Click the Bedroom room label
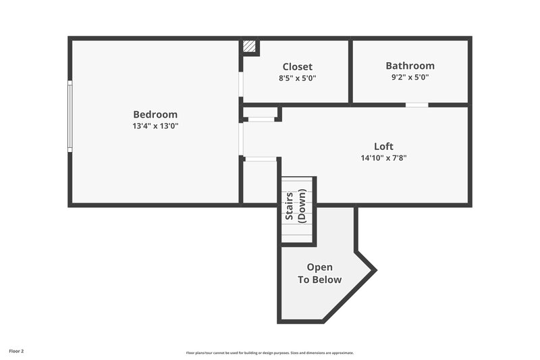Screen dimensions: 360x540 point(155,114)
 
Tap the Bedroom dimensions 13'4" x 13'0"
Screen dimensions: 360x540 point(155,126)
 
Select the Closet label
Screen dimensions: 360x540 point(297,66)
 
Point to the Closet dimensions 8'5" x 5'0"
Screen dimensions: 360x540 point(297,78)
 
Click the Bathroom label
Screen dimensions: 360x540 point(410,66)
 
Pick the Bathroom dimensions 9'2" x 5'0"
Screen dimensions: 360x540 point(410,77)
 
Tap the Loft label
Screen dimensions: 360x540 point(383,146)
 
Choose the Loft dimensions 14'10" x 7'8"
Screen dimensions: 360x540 point(383,158)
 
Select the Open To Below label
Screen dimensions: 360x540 point(320,274)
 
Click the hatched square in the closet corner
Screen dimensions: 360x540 point(250,47)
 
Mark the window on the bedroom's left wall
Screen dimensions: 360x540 point(69,115)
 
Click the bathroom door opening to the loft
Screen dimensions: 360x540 point(416,105)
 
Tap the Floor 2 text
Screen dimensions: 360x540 point(16,351)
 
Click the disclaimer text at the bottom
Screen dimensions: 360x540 point(270,353)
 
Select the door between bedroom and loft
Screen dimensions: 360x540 point(241,138)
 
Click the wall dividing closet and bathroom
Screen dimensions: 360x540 point(350,71)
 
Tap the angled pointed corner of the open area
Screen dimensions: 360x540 point(374,270)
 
